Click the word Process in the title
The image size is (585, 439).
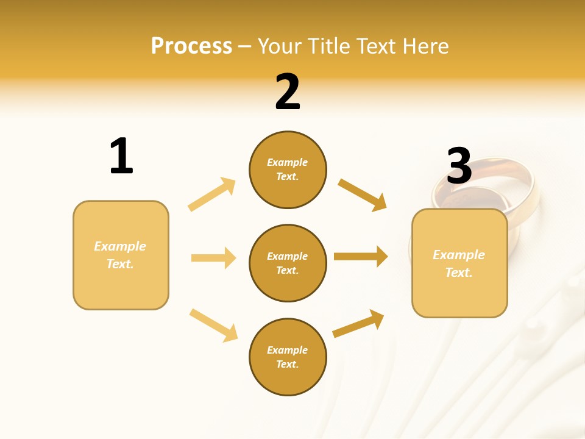[x=191, y=46]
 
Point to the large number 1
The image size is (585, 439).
[x=121, y=156]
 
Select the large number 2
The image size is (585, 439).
[x=288, y=92]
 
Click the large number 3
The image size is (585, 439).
[x=459, y=166]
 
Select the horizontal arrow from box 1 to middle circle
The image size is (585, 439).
[x=213, y=258]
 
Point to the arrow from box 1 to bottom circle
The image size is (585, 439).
[x=213, y=325]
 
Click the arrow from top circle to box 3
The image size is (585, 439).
[x=363, y=195]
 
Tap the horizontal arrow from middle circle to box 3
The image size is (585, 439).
[x=361, y=257]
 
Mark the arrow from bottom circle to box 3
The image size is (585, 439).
[x=359, y=323]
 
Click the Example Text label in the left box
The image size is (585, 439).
[x=120, y=255]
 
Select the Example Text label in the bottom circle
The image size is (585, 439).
[x=288, y=357]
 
